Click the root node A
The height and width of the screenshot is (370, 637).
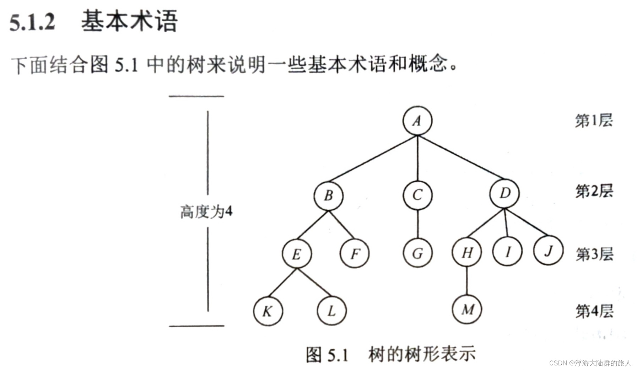point(417,121)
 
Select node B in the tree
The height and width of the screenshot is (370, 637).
point(328,195)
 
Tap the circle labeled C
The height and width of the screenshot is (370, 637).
point(417,195)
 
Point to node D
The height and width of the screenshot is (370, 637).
point(504,193)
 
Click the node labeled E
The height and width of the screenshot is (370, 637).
point(297,254)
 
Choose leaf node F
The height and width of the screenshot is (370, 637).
point(355,253)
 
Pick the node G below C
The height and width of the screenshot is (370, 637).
point(417,253)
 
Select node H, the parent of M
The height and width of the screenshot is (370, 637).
point(467,253)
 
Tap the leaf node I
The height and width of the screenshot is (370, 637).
point(507,252)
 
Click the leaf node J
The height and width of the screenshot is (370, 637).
point(548,251)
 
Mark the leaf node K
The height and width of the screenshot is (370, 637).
point(268,311)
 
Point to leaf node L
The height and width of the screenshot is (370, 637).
point(331,311)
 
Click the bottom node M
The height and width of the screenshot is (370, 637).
point(467,310)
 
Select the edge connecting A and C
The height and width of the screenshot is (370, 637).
point(417,158)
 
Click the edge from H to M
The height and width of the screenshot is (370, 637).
point(467,281)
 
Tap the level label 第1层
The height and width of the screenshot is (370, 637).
point(594,121)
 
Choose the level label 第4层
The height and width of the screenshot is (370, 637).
point(594,311)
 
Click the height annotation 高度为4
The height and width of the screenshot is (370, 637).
point(206,212)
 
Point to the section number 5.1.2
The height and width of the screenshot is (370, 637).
point(32,22)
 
